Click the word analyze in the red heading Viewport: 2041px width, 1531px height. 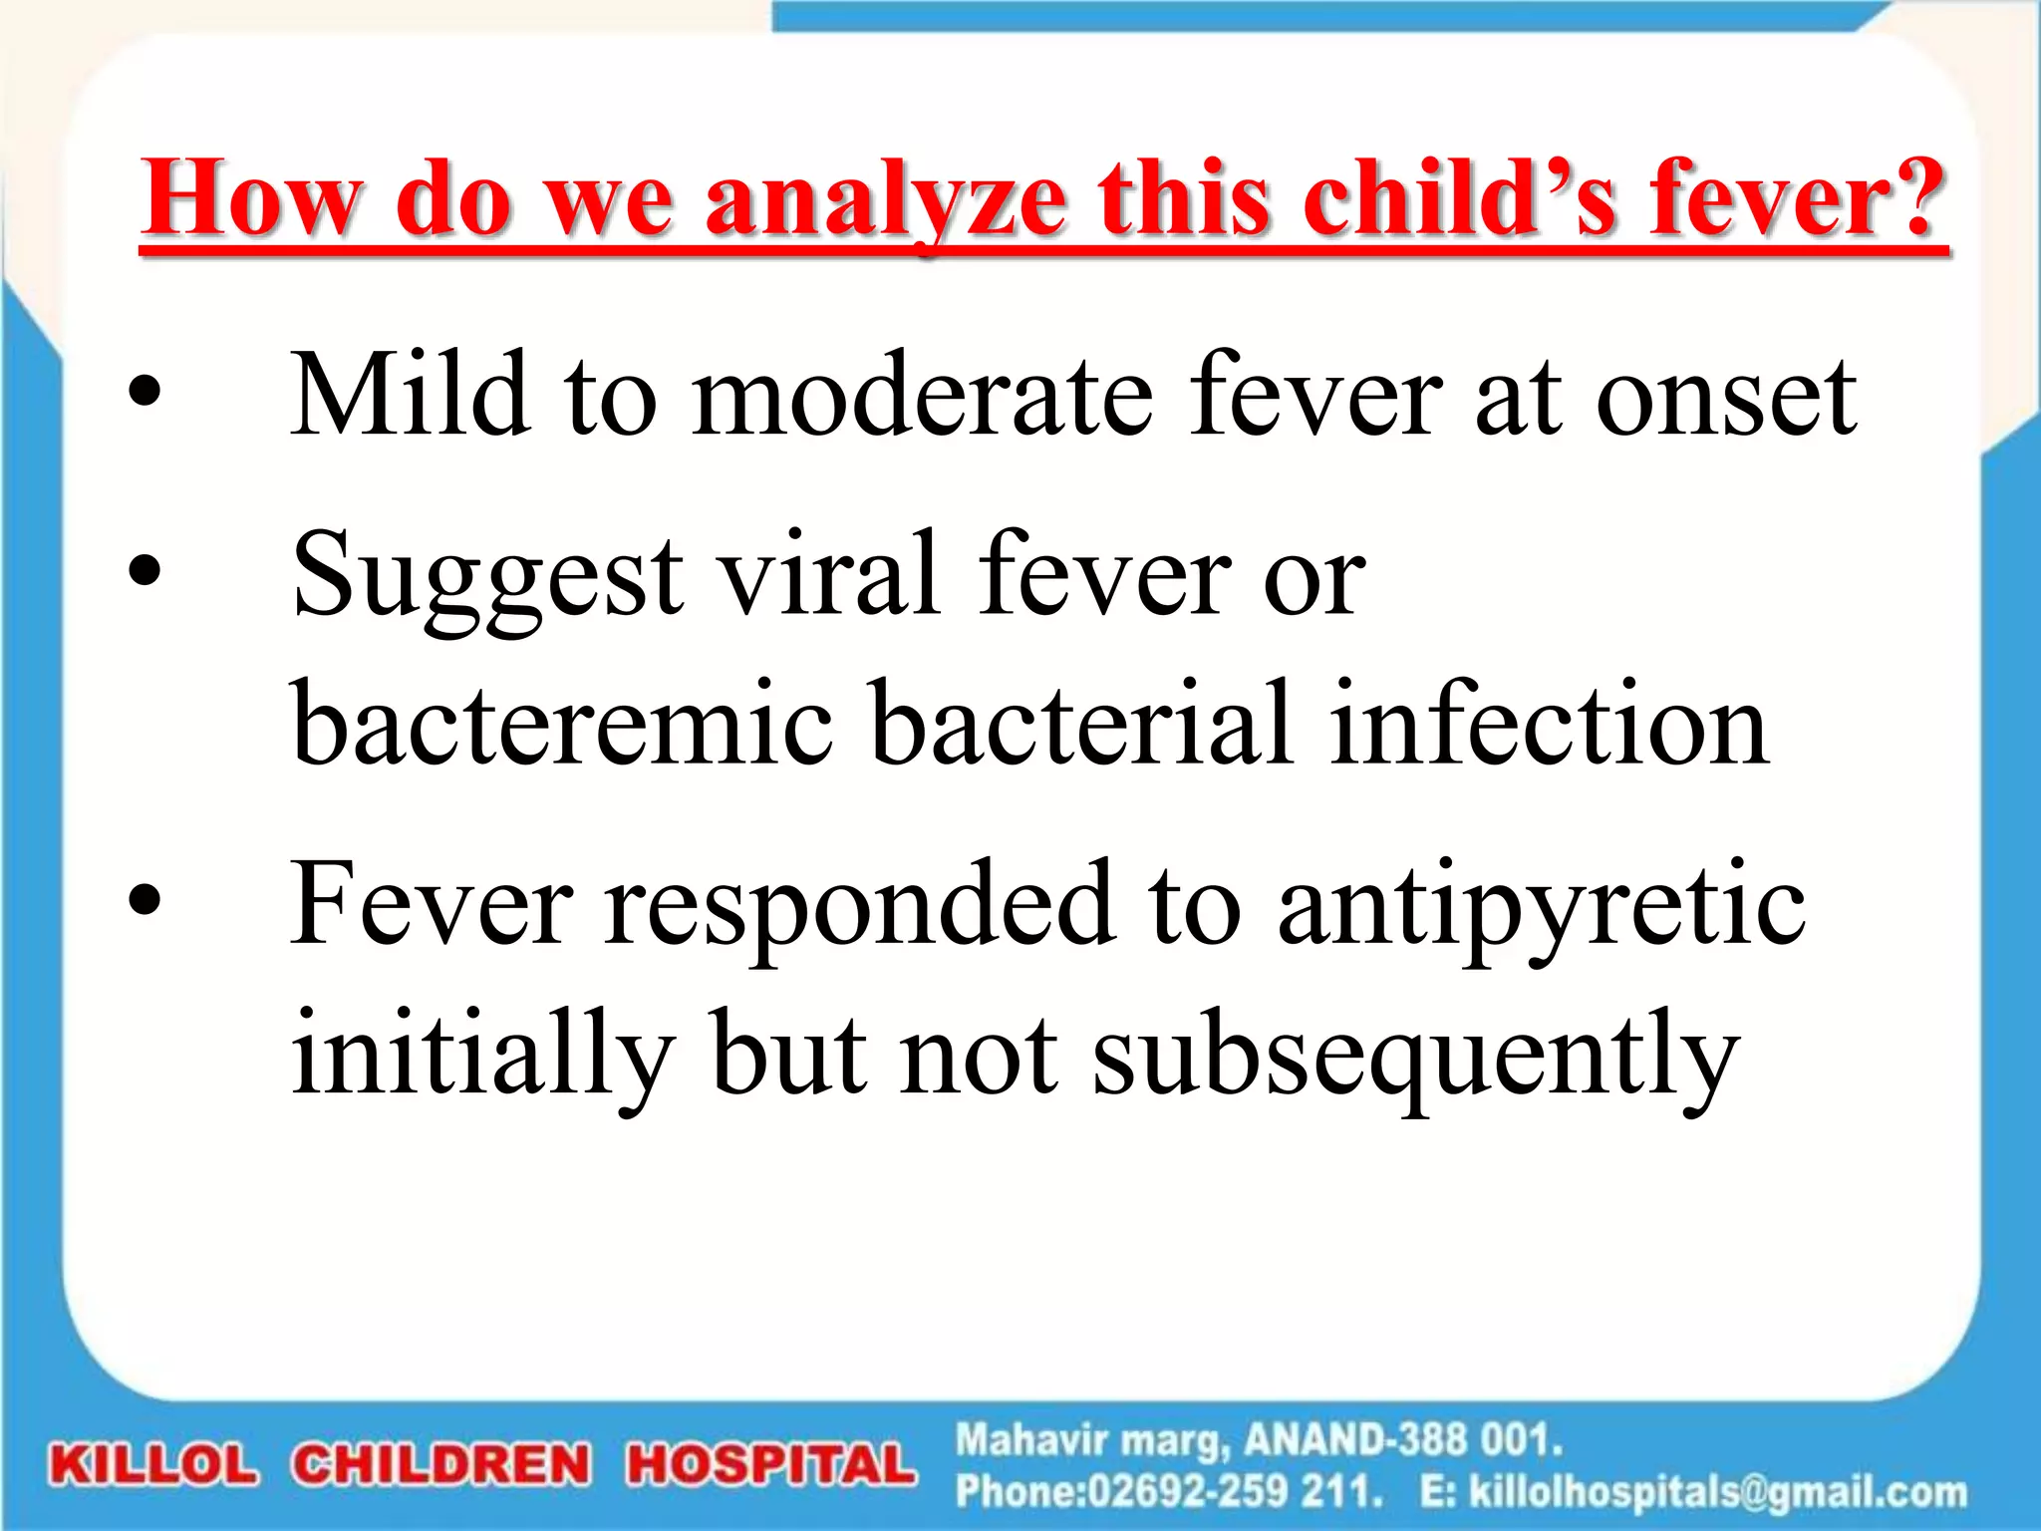885,201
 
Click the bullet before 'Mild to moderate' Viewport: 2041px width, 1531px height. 145,393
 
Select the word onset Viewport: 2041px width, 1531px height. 1726,397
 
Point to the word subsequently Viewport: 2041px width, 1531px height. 1415,1055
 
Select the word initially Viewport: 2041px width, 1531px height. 482,1055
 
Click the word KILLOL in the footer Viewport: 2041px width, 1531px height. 153,1465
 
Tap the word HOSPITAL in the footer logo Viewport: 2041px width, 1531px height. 770,1465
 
